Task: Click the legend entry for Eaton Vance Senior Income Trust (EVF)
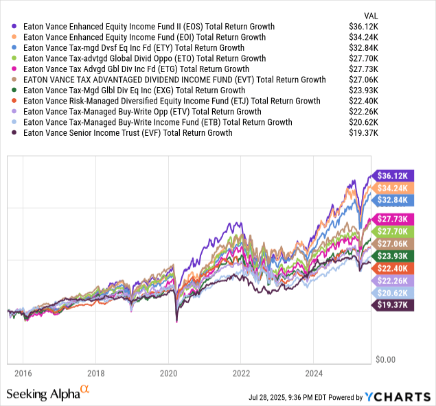(127, 132)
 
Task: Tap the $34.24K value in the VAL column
(396, 37)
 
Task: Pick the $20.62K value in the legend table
(396, 122)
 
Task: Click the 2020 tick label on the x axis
(169, 375)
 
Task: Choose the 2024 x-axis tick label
(314, 375)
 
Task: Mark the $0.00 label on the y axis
(388, 359)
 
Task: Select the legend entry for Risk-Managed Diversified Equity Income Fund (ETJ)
(172, 101)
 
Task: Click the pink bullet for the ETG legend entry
(15, 69)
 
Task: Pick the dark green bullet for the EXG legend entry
(15, 91)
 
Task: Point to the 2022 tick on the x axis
(242, 375)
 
